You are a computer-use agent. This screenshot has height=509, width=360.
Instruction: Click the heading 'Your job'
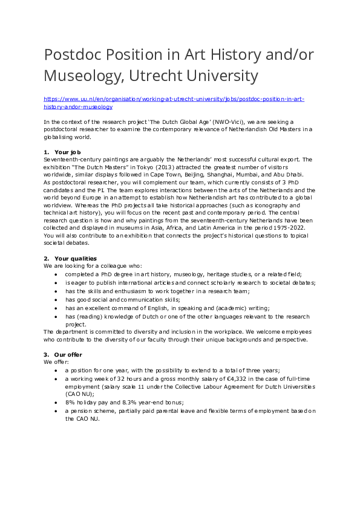[67, 152]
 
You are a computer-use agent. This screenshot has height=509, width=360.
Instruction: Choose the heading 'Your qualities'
[75, 259]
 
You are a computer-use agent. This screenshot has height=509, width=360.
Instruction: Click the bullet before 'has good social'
[56, 300]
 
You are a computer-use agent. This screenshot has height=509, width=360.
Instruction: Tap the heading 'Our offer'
[68, 354]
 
